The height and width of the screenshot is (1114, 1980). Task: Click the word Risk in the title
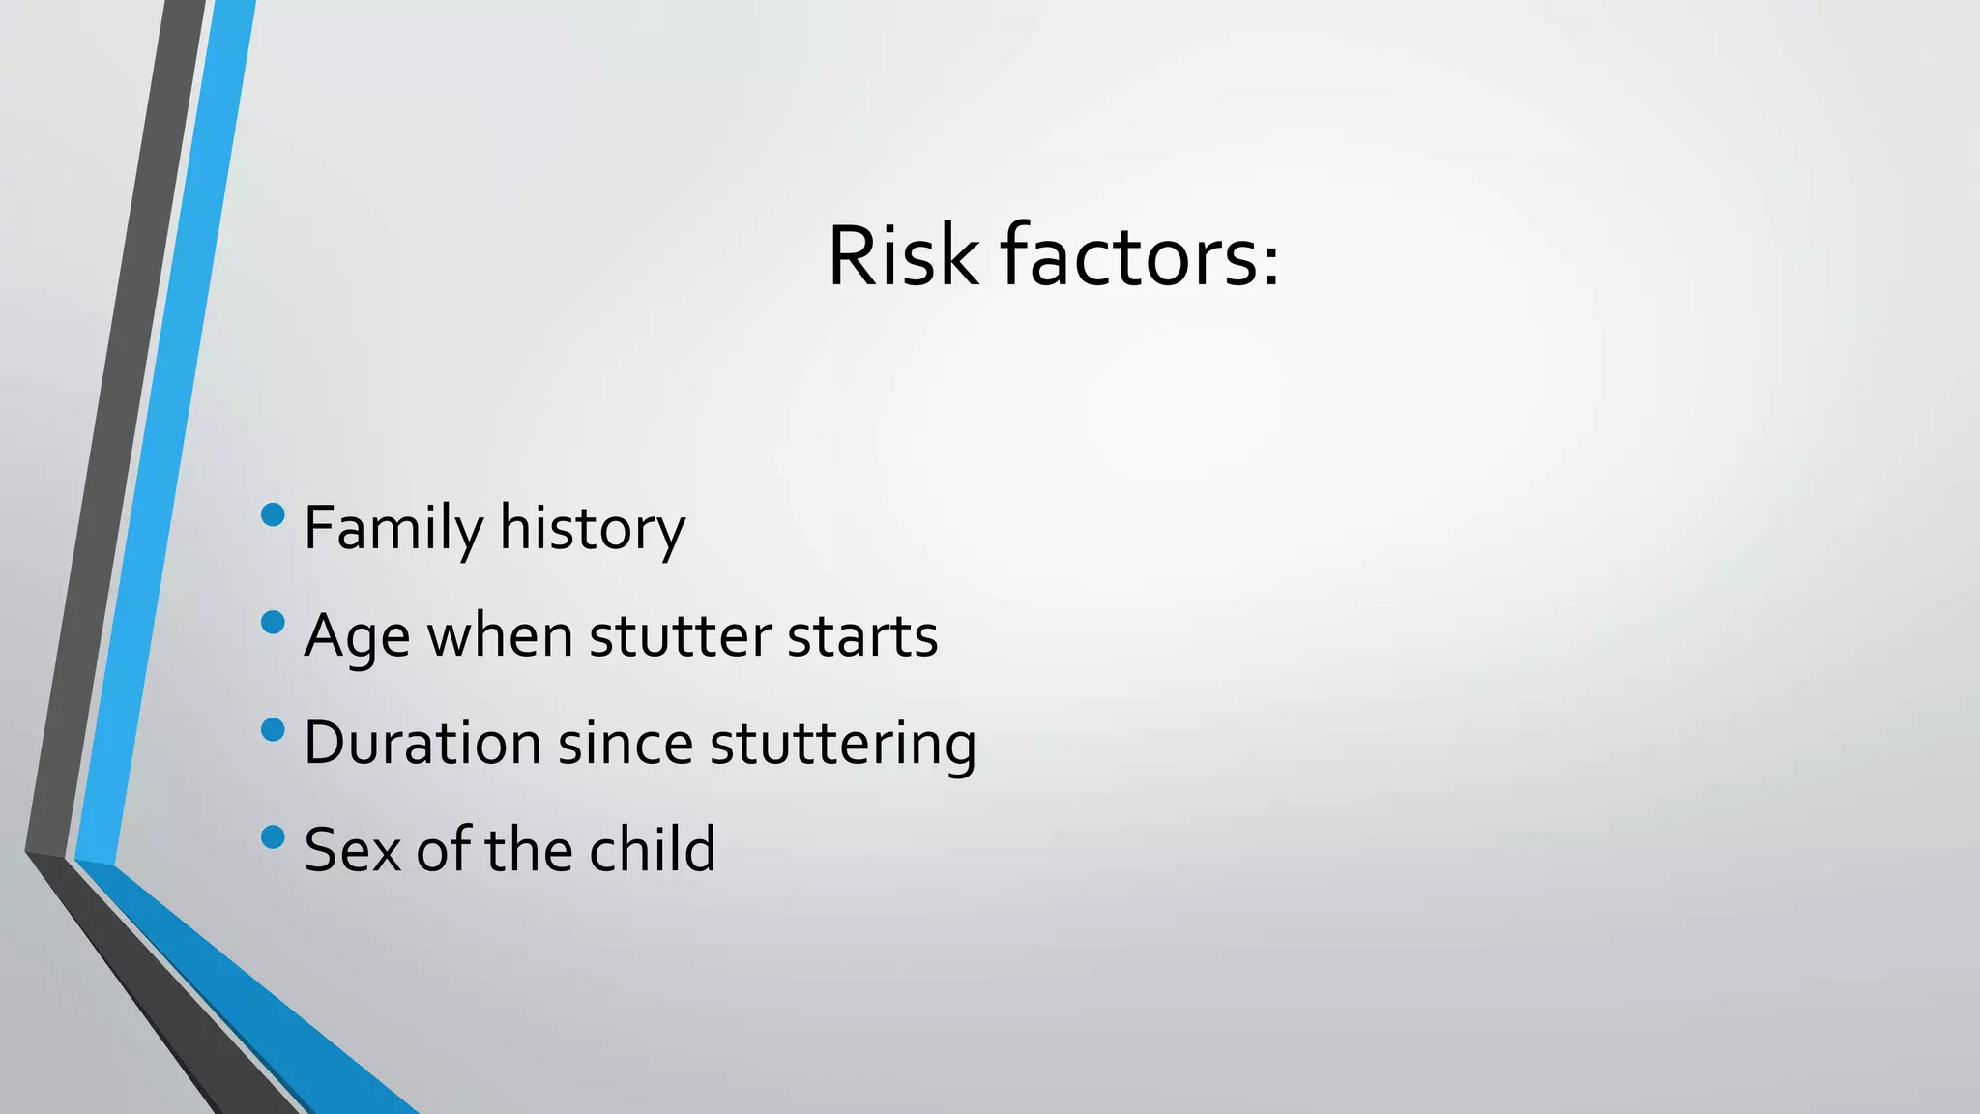coord(902,256)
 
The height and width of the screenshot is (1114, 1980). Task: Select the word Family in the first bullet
coord(393,529)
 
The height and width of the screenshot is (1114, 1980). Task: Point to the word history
coord(592,529)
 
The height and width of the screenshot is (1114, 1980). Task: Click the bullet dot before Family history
coord(274,514)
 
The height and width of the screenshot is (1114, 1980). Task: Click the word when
coord(500,636)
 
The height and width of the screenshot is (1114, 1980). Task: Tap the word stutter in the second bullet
coord(680,636)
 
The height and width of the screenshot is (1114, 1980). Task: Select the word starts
coord(861,636)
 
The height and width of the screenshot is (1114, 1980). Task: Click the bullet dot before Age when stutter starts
coord(274,622)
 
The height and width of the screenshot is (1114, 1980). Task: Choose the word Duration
coord(422,743)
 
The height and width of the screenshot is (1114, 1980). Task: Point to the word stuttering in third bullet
coord(843,745)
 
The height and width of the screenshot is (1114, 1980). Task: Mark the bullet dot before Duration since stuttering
coord(274,729)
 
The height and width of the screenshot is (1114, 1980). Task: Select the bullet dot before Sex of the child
coord(274,836)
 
